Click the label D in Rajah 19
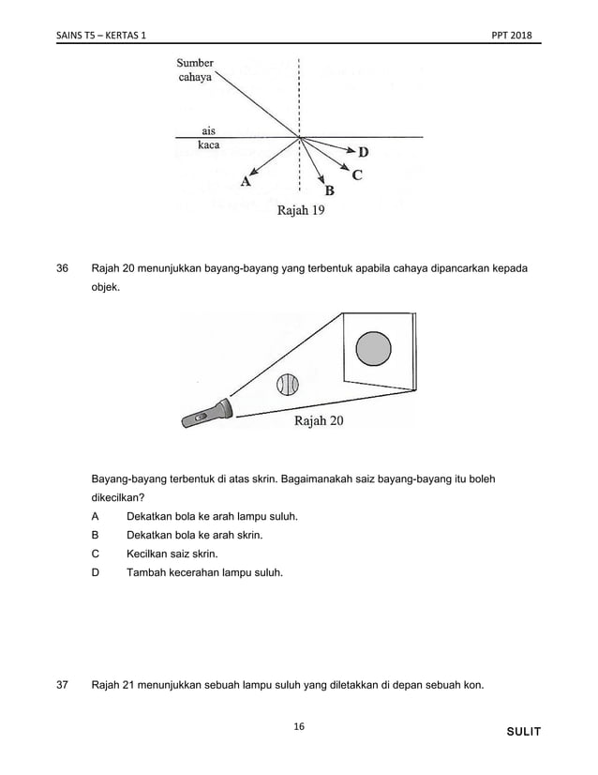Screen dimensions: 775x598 pyautogui.click(x=363, y=152)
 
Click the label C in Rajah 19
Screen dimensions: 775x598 pyautogui.click(x=357, y=175)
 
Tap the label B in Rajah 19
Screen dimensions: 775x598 pyautogui.click(x=329, y=190)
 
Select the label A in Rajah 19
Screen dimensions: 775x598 pyautogui.click(x=246, y=182)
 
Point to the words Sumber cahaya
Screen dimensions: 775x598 pyautogui.click(x=195, y=70)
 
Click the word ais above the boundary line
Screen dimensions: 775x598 pyautogui.click(x=208, y=130)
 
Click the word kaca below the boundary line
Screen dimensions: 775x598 pyautogui.click(x=208, y=147)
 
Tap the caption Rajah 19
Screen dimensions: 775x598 pyautogui.click(x=300, y=211)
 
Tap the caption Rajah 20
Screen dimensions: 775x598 pyautogui.click(x=319, y=421)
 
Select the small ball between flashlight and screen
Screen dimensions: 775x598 pyautogui.click(x=287, y=385)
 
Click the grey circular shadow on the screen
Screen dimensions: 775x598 pyautogui.click(x=373, y=348)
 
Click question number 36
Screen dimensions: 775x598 pyautogui.click(x=63, y=269)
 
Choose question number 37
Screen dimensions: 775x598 pyautogui.click(x=63, y=684)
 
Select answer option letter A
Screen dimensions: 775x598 pyautogui.click(x=96, y=517)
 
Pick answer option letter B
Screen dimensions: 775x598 pyautogui.click(x=96, y=535)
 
